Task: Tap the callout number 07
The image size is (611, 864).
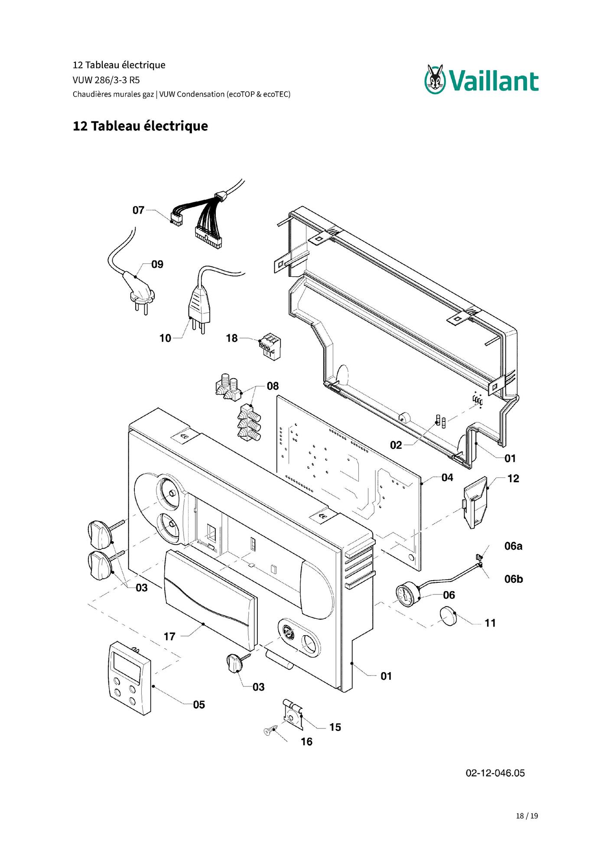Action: coord(138,210)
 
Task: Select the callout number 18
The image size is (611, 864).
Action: coord(232,338)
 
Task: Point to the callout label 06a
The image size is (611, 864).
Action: coord(513,546)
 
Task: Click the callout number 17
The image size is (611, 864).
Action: coord(169,637)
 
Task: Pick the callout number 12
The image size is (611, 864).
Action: coord(513,478)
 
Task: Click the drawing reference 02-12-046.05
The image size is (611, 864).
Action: coord(495,773)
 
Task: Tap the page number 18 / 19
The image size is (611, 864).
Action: coord(527,816)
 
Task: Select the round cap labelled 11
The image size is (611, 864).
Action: coord(448,616)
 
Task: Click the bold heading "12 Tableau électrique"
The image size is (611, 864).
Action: coord(140,126)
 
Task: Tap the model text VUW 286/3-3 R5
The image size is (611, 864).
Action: coord(106,80)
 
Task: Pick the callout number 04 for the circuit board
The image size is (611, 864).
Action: coord(448,477)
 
